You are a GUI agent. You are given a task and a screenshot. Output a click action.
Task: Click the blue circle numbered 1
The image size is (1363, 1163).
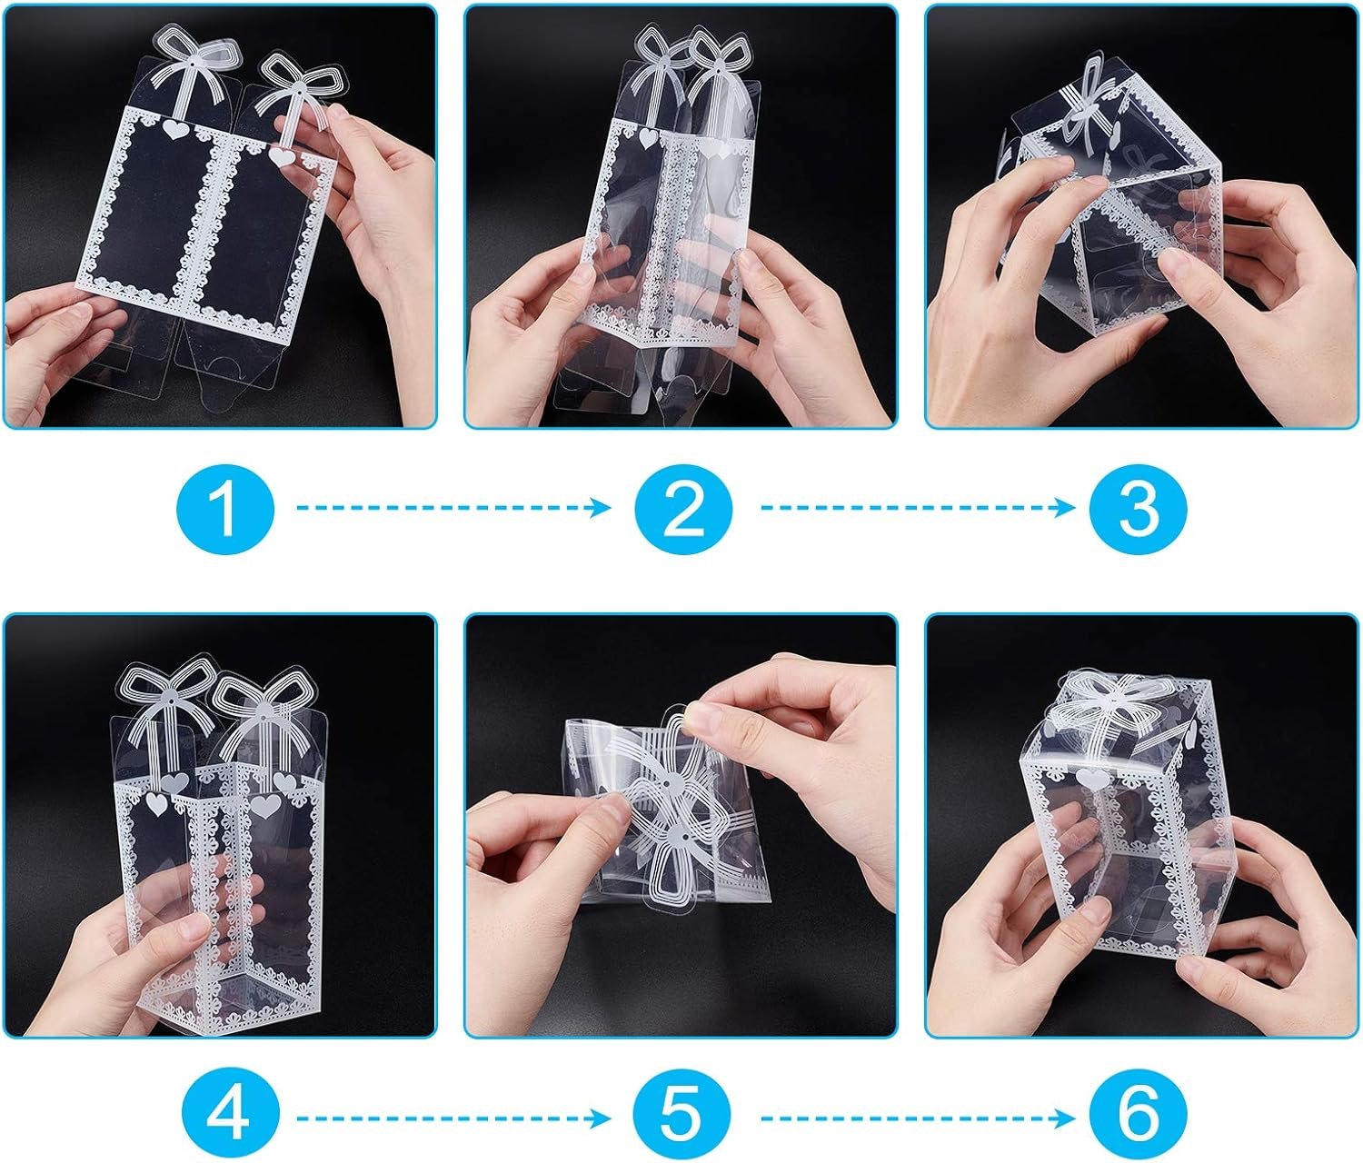coord(225,507)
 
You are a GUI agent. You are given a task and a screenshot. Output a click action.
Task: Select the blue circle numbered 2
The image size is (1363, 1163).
coord(683,507)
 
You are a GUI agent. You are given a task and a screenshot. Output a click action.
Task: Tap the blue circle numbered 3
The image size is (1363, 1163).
coord(1138,507)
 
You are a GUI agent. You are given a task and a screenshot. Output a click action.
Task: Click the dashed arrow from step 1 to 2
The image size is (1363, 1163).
coord(454,507)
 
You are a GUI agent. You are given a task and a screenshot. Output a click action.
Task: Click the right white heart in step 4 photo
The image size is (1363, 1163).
coord(264,804)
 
